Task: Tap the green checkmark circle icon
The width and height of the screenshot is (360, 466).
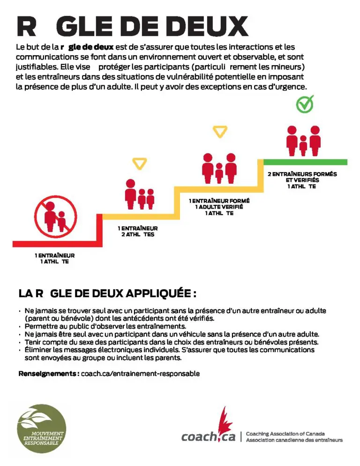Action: [305, 105]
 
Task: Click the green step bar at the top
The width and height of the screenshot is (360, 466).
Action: [305, 162]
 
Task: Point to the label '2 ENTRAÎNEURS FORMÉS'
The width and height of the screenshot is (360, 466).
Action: [302, 174]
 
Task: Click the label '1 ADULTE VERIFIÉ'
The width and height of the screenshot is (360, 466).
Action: [219, 207]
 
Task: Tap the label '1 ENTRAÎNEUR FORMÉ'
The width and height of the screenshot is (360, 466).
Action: [219, 201]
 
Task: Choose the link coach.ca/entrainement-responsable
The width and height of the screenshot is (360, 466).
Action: [140, 374]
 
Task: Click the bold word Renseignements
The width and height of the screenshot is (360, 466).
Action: [48, 374]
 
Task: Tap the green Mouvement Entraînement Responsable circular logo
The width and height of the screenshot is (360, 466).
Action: [41, 426]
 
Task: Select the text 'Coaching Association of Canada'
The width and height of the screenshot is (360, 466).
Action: [285, 434]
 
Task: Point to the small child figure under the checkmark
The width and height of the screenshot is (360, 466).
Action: [303, 145]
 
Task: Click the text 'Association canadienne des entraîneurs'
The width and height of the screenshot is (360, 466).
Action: [294, 440]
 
